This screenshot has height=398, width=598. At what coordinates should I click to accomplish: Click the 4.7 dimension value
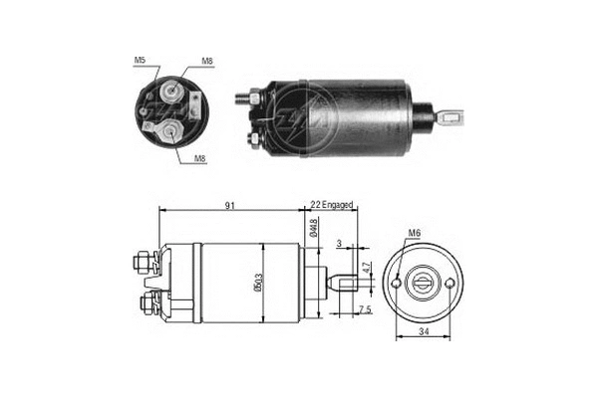(x=366, y=267)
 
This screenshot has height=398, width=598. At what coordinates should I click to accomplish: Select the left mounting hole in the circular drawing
(x=398, y=284)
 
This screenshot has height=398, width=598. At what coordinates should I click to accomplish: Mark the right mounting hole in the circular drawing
(x=452, y=284)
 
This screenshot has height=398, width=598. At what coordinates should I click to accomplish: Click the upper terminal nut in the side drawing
(x=141, y=263)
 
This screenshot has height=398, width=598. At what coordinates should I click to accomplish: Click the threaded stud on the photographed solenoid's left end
(x=242, y=99)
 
